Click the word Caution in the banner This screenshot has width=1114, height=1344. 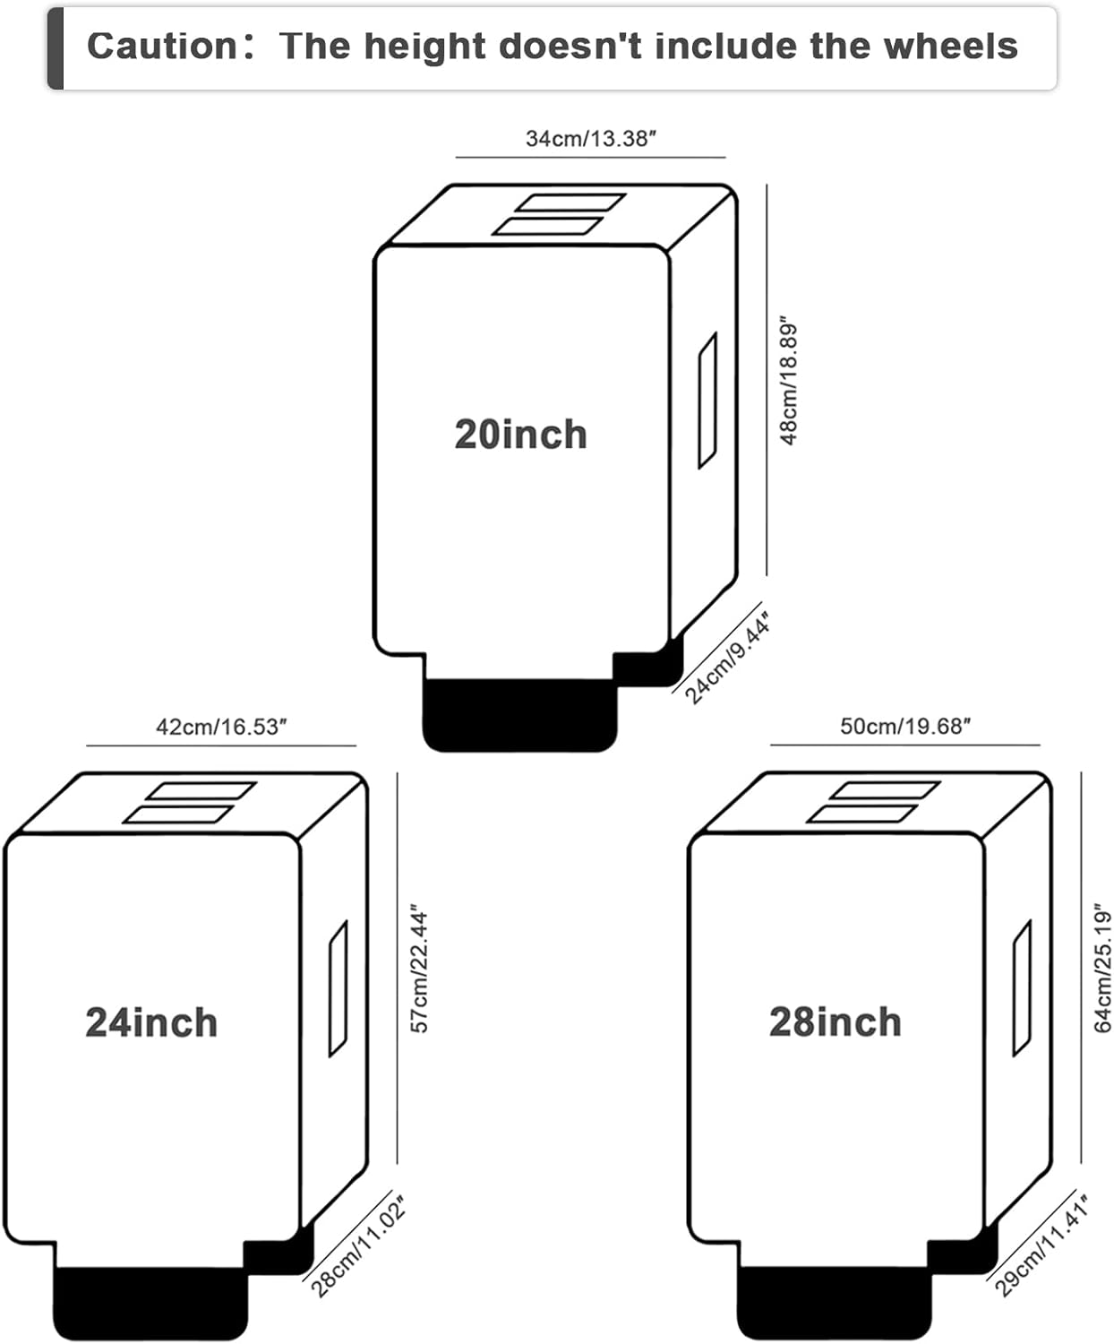tap(161, 47)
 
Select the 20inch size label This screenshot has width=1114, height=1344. tap(520, 435)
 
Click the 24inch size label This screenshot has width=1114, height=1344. tap(151, 1022)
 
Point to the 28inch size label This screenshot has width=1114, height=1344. tap(835, 1022)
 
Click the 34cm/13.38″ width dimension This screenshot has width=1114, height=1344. tap(591, 139)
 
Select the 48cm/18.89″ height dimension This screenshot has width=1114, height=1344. tap(789, 380)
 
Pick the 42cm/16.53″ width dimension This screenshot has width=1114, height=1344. tap(221, 727)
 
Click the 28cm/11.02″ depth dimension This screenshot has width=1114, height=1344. tap(358, 1246)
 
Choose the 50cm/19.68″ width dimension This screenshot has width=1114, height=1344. tap(905, 727)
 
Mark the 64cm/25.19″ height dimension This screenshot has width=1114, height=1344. tap(1103, 968)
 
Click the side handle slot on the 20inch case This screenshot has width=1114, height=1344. tap(707, 400)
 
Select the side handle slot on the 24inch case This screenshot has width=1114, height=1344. tap(338, 988)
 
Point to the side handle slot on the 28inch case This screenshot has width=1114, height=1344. tap(1022, 988)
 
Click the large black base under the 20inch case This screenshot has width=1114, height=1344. tap(519, 717)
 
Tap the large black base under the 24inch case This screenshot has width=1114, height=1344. tap(150, 1304)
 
